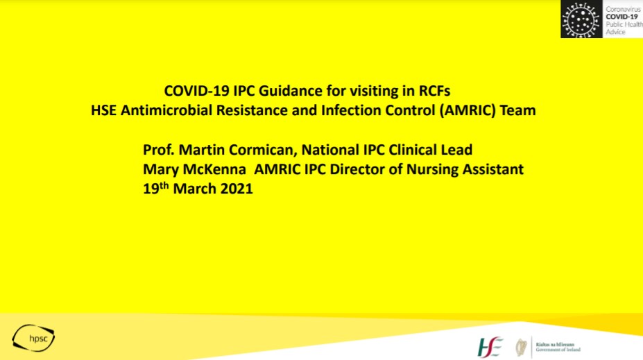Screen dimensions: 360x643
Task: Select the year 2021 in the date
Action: (x=234, y=189)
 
